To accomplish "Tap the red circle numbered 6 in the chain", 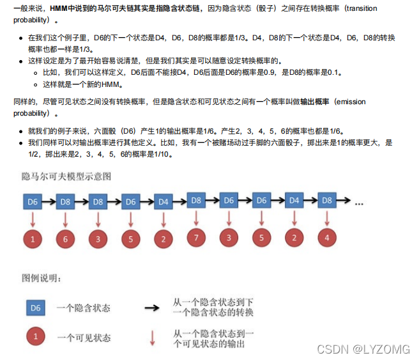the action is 65,240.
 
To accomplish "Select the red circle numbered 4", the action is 327,239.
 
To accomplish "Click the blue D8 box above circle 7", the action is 196,201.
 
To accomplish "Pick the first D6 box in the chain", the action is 33,202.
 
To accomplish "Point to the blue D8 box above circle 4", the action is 327,201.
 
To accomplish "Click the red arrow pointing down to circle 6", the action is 65,220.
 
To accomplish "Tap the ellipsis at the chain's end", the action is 358,203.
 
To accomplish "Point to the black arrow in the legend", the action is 152,308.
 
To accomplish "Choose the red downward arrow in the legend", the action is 152,338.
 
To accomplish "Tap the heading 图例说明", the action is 42,278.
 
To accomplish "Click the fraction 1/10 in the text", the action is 164,154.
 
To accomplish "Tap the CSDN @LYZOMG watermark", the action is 374,349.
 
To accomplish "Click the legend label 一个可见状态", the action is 83,338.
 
